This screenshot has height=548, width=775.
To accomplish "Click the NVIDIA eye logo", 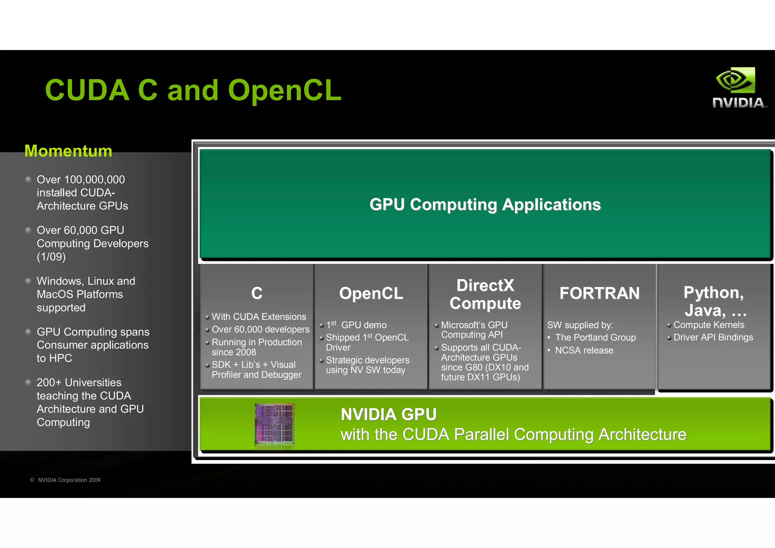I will click(x=735, y=80).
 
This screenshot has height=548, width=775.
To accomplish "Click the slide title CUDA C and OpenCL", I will click(x=193, y=90).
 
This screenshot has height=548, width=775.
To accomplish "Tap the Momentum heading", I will click(x=68, y=151).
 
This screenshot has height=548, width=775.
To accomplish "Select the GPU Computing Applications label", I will click(x=485, y=205).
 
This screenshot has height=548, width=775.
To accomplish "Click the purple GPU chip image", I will click(x=275, y=424).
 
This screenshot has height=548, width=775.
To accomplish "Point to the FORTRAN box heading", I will click(x=599, y=293).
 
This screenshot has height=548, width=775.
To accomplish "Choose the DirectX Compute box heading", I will click(x=485, y=294).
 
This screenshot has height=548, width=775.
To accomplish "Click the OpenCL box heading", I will click(x=371, y=293).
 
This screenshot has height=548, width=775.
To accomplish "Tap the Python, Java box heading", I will click(x=714, y=301).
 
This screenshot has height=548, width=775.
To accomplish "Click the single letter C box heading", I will click(x=257, y=293).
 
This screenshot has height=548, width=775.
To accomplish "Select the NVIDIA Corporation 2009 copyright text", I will click(x=69, y=480).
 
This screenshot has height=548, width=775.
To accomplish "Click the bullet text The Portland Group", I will click(x=595, y=337).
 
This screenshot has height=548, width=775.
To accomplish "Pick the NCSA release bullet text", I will click(x=584, y=350).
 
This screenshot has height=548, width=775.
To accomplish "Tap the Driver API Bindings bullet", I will click(x=713, y=337).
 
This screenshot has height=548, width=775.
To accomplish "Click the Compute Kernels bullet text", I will click(x=708, y=325).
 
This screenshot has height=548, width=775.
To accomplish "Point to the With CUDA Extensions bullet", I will click(x=259, y=317).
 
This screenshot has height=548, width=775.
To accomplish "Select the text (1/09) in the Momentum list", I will click(x=51, y=257).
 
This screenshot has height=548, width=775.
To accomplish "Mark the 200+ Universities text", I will click(x=79, y=382).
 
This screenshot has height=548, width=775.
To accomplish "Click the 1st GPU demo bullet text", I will click(x=356, y=325).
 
